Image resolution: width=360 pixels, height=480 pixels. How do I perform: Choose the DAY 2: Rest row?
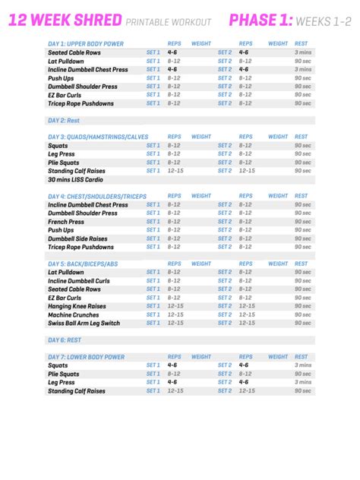[64, 120]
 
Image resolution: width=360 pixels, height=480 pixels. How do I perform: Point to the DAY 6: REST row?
[64, 339]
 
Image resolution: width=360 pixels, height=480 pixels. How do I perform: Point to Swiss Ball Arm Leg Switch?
[84, 323]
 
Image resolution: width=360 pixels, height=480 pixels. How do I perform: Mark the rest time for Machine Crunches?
[302, 314]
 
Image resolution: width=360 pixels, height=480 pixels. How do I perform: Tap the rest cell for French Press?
[302, 221]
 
